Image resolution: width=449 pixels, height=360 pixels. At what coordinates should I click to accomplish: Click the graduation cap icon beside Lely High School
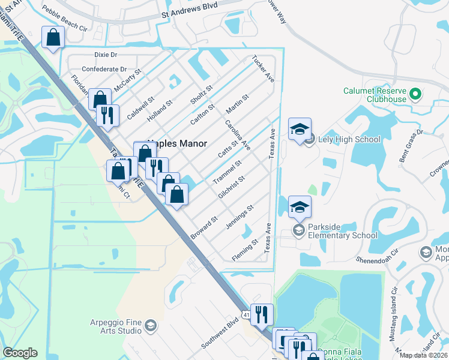[x=300, y=129]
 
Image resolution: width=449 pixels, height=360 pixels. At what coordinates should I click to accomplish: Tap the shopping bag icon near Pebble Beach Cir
[x=53, y=37]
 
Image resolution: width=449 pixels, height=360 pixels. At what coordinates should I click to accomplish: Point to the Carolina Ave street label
[x=238, y=135]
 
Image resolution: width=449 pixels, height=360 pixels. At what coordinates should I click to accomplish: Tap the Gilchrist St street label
[x=232, y=187]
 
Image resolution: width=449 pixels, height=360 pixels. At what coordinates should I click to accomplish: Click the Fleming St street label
[x=246, y=249]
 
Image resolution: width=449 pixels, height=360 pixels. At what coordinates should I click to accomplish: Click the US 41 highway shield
[x=246, y=314]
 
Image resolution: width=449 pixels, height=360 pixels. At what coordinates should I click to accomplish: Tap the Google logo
[x=20, y=353]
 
